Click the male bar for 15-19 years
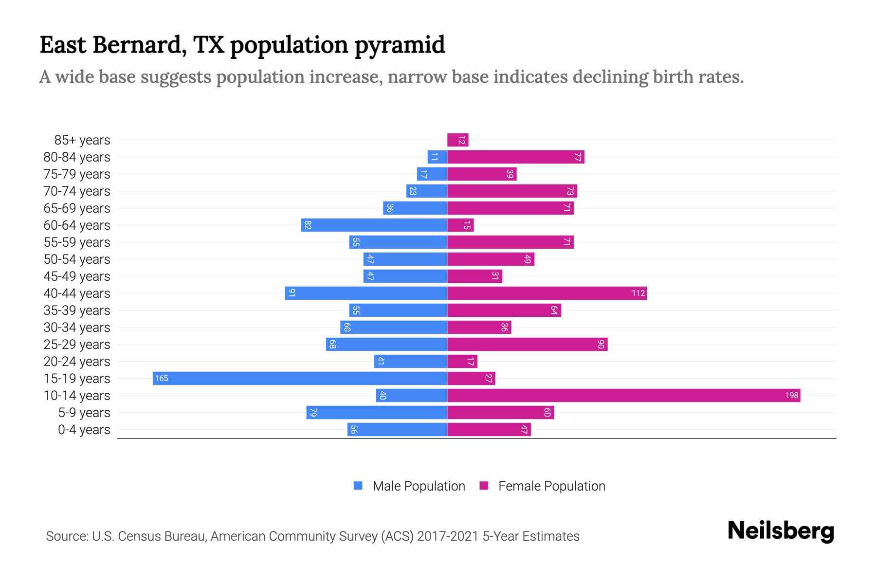(300, 379)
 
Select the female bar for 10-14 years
(623, 396)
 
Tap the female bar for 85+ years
(457, 140)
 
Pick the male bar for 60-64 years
(374, 225)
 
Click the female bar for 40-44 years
(547, 293)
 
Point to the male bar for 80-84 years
(437, 157)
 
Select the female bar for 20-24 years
(462, 362)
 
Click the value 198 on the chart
(791, 396)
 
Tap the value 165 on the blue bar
(162, 379)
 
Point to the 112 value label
(638, 293)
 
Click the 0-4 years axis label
(84, 430)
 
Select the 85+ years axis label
(82, 140)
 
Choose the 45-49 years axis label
(77, 276)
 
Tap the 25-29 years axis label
(77, 345)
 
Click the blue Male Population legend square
(358, 486)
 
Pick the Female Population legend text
(551, 486)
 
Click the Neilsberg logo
(781, 531)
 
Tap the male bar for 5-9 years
(377, 413)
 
